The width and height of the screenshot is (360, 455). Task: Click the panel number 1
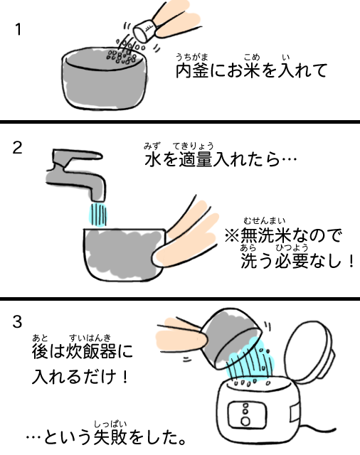(x=18, y=29)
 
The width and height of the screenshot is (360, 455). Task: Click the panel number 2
(x=17, y=148)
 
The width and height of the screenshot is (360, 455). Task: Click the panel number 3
(x=17, y=321)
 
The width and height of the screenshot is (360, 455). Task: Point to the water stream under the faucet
(x=98, y=214)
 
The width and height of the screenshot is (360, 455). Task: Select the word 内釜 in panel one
(x=192, y=70)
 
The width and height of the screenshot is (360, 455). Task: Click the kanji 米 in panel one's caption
(x=251, y=70)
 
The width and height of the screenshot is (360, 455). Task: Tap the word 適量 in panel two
(x=196, y=159)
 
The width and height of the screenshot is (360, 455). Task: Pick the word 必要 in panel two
(x=292, y=261)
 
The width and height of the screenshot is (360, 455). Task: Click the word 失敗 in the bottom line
(x=110, y=438)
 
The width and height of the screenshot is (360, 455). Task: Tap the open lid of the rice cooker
(x=309, y=350)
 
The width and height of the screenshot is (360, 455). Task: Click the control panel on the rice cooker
(x=247, y=415)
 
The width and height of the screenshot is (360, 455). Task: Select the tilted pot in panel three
(x=229, y=338)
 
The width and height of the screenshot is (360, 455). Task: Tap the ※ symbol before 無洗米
(x=232, y=235)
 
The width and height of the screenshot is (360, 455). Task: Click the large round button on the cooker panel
(x=245, y=421)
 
